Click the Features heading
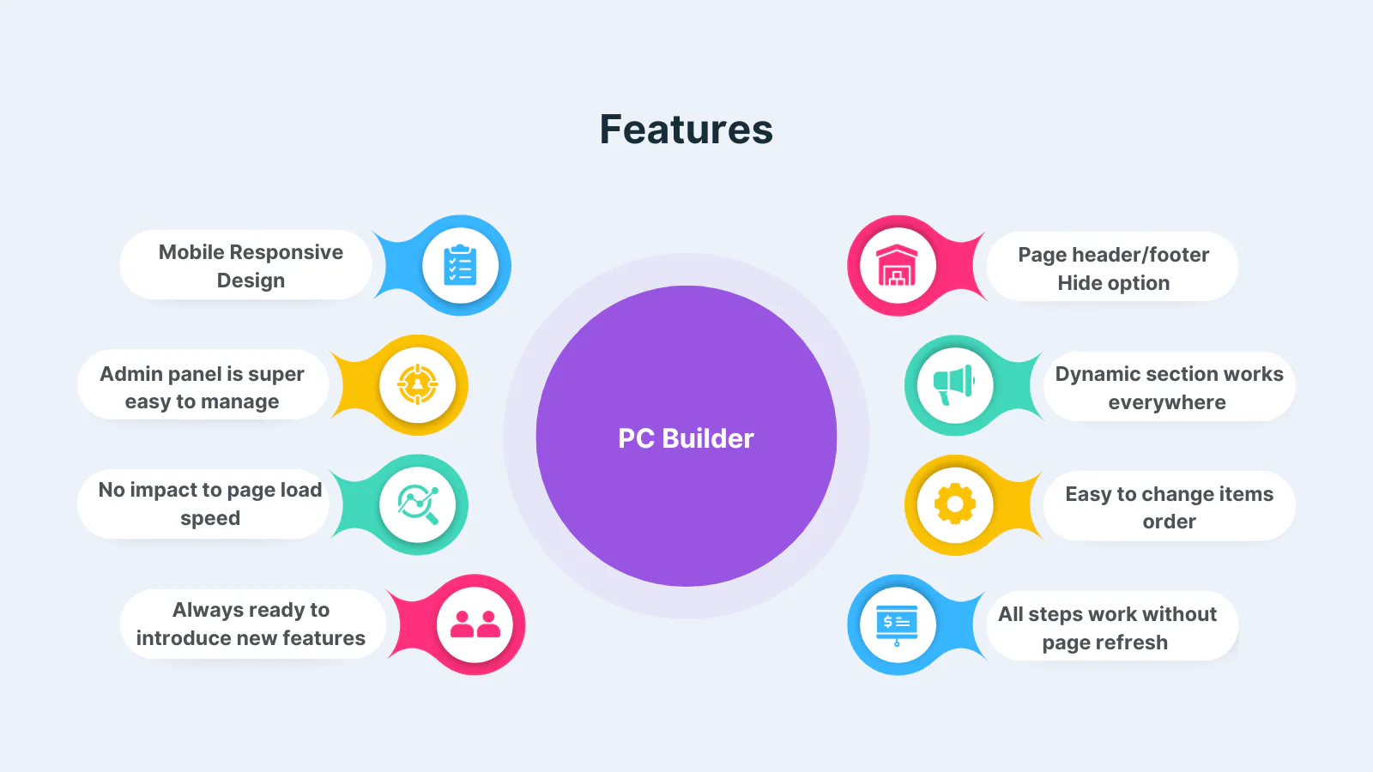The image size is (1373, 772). [686, 130]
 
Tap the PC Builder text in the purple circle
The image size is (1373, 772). [686, 438]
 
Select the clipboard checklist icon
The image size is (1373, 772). [460, 265]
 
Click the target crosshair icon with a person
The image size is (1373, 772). [417, 385]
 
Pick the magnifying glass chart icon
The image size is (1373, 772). [418, 505]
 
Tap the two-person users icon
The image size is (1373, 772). [475, 624]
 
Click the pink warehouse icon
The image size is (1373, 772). [897, 265]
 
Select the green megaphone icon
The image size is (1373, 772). [953, 385]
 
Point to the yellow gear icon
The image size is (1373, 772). [954, 504]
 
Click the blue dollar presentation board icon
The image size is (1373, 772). [897, 625]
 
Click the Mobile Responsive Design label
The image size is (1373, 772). [251, 266]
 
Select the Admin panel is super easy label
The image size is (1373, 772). [202, 387]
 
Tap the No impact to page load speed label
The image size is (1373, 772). [210, 504]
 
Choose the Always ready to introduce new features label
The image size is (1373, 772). [251, 624]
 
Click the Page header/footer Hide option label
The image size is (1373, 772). [1113, 268]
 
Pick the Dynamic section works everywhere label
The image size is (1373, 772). [1169, 388]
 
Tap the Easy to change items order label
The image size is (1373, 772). [1169, 507]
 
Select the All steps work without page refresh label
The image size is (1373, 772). [1107, 628]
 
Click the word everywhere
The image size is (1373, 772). [1167, 402]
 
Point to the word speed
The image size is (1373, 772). [210, 518]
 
